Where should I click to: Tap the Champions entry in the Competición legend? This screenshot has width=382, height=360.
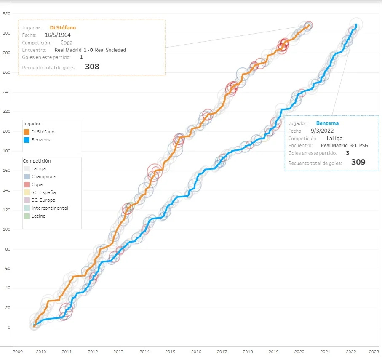pos(43,176)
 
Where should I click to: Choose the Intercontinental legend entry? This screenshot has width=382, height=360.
pos(49,208)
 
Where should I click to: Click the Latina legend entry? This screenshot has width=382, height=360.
pos(38,216)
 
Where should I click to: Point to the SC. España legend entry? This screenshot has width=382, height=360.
pos(43,192)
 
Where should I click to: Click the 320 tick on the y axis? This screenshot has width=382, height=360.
pos(7,14)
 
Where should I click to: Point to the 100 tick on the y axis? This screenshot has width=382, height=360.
pos(7,229)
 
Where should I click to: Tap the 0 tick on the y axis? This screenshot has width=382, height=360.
pos(9,328)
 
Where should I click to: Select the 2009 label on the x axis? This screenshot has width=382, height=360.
pos(17,352)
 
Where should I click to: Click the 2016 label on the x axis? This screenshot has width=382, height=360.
pos(196,352)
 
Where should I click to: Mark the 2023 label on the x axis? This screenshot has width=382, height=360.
pos(374,352)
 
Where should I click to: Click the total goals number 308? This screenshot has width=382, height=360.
pos(92,67)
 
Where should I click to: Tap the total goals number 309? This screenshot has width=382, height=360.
pos(358,162)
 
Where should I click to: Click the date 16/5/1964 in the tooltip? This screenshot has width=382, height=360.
pos(58,35)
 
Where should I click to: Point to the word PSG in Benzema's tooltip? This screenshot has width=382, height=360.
pos(363,145)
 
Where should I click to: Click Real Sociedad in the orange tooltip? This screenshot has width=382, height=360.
pos(110,50)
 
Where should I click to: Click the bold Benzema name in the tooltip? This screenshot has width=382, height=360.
pos(327,123)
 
